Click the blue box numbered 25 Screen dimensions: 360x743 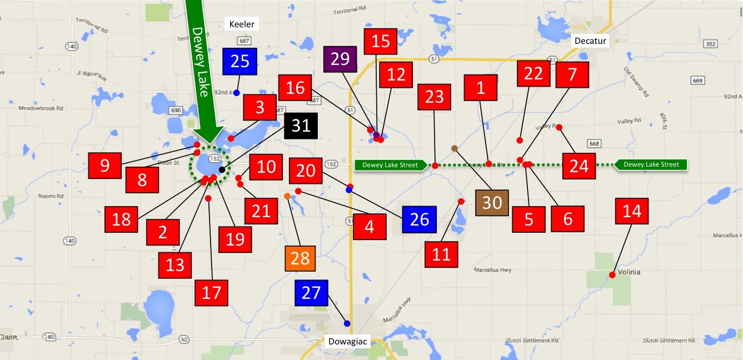point(240,61)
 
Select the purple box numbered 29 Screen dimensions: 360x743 point(340,59)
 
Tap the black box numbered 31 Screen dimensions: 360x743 point(301,126)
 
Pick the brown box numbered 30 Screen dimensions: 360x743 point(492,203)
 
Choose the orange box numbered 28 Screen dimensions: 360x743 point(300,258)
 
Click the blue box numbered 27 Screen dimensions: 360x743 point(311,293)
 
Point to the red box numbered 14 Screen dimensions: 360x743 point(632,211)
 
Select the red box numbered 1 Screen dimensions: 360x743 point(481,88)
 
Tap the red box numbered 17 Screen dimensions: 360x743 point(212,292)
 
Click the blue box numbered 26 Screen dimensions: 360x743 point(420,219)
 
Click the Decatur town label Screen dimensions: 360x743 point(591,41)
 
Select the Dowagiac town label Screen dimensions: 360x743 point(346,342)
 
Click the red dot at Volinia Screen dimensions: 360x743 point(612,274)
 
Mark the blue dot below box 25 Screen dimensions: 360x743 point(236,93)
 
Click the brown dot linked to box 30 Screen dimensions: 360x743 point(455,148)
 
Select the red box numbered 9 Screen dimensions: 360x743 point(106,165)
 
